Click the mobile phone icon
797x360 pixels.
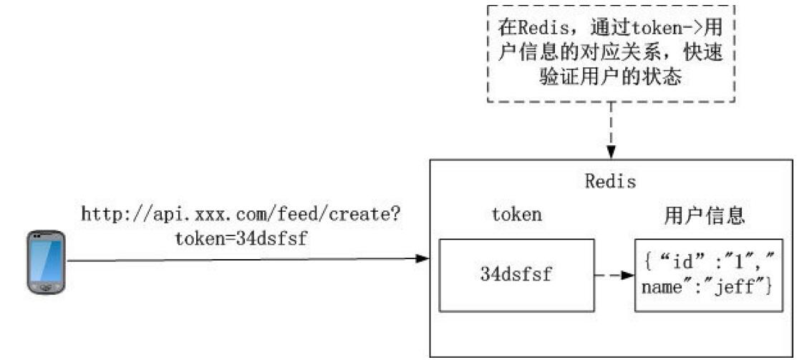pos(47,261)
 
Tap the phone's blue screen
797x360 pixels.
pos(47,256)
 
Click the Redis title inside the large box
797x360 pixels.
pos(610,181)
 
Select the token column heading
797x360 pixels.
pos(516,214)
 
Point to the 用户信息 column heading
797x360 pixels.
pos(705,214)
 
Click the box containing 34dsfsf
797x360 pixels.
pos(516,275)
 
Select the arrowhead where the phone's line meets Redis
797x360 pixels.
pos(422,258)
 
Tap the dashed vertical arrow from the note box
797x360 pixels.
pos(611,129)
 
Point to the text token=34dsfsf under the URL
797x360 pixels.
pos(241,238)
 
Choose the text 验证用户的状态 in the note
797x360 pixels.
pos(610,77)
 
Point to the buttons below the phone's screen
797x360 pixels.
pos(47,286)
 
